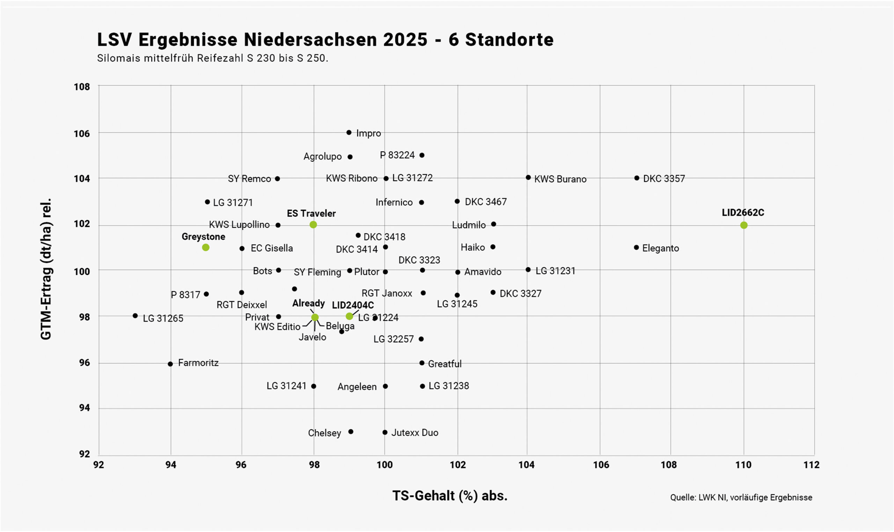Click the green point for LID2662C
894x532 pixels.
(743, 225)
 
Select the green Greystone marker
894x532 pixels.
(205, 247)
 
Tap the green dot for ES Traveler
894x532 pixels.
(313, 225)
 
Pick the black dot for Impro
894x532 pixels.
(349, 133)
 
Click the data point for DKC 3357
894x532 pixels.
(636, 178)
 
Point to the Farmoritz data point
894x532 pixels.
(170, 364)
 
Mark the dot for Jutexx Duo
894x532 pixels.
(384, 432)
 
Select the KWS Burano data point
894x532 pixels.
(528, 177)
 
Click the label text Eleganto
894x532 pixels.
(660, 248)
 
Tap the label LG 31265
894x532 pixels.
(163, 318)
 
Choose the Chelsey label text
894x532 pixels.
(324, 433)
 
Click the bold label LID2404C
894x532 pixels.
(353, 305)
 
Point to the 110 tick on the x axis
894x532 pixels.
(743, 465)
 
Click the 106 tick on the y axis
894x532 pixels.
(82, 134)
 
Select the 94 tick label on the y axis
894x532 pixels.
(84, 408)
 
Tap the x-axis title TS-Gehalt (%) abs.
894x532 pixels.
(450, 496)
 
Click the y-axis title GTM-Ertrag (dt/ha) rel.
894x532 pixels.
(46, 269)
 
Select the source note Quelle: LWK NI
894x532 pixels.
(741, 497)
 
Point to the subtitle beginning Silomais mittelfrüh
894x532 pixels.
(212, 58)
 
